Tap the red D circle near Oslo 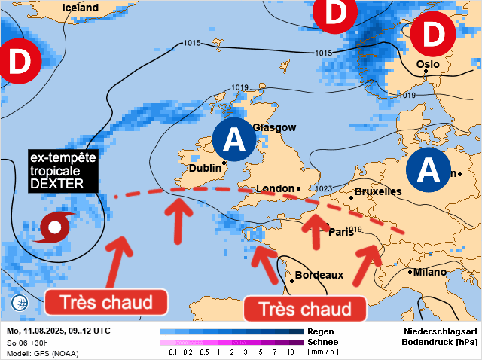click(434, 34)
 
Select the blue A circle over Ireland click(235, 139)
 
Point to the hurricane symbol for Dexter click(56, 226)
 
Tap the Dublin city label click(203, 169)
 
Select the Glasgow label click(274, 128)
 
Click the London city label click(275, 188)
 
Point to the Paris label click(341, 232)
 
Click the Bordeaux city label click(319, 275)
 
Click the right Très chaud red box click(305, 309)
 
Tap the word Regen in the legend click(321, 331)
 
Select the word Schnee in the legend click(324, 342)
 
